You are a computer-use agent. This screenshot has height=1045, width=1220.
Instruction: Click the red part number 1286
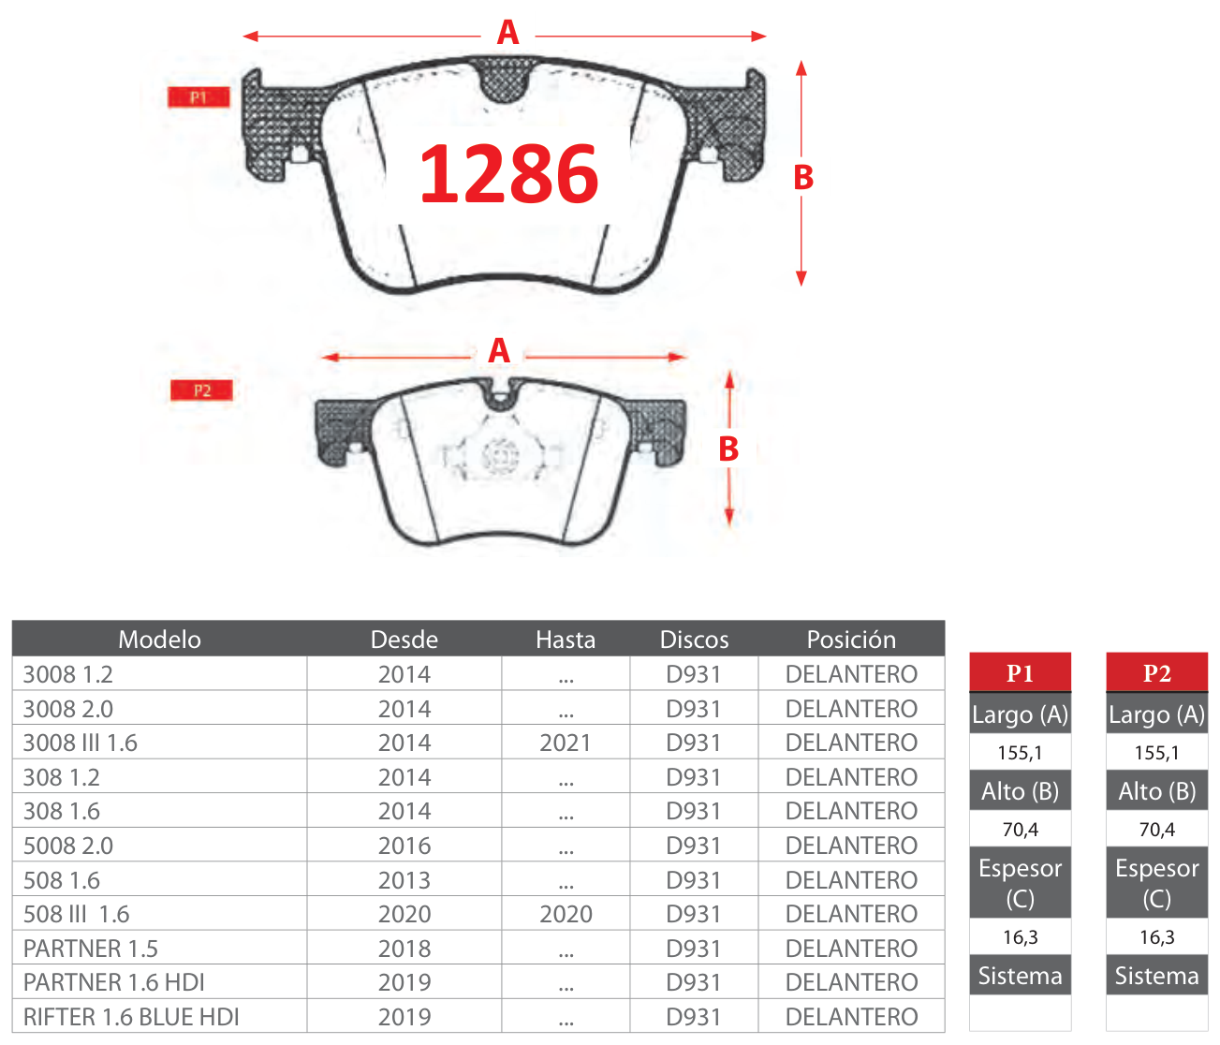[508, 174]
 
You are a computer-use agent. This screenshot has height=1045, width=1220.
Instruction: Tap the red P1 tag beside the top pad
[198, 97]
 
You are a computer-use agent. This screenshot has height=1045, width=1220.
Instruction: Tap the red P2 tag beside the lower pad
[202, 390]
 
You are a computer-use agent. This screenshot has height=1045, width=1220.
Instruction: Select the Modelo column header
[159, 640]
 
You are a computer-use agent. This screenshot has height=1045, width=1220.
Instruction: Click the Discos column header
[694, 640]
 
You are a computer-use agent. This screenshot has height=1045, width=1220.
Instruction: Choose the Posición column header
[851, 640]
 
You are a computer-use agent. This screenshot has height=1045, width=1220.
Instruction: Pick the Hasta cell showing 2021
[566, 743]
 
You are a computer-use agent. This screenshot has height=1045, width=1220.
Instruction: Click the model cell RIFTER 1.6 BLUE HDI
[131, 1017]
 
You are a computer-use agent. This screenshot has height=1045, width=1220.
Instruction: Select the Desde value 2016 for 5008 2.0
[404, 846]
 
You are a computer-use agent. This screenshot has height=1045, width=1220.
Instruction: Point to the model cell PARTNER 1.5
[91, 949]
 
